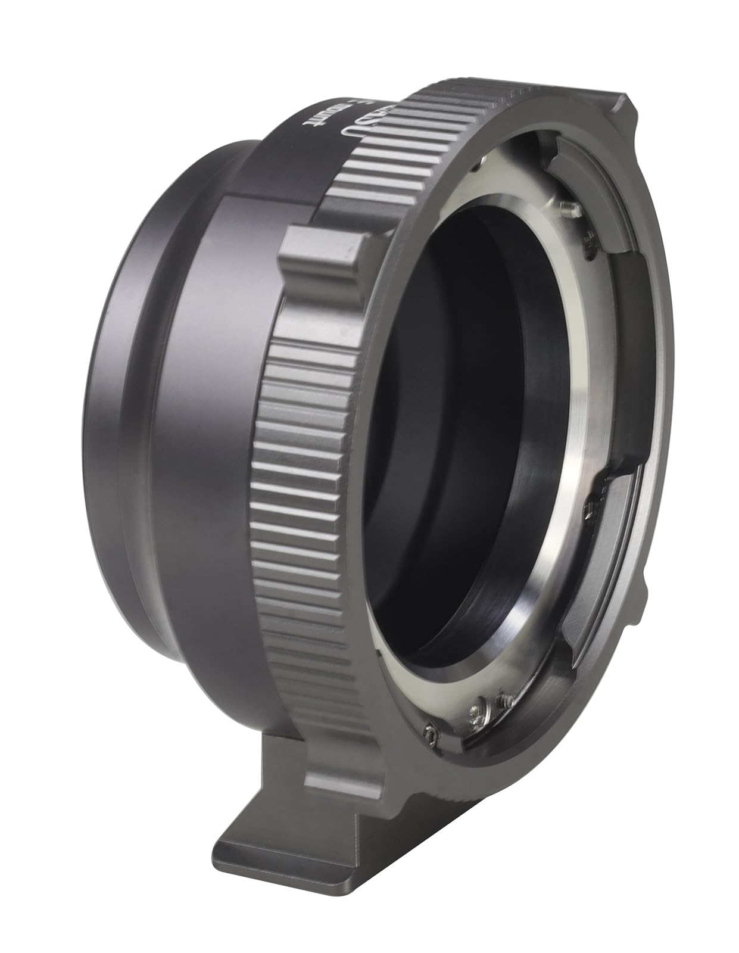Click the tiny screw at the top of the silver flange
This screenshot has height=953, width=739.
click(x=480, y=161)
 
